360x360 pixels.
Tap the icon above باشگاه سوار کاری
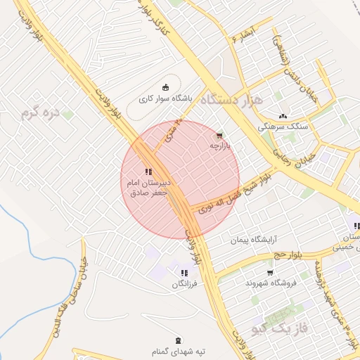(x=166, y=87)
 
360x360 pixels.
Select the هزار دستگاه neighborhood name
(x=231, y=100)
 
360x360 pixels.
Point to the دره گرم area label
(x=39, y=112)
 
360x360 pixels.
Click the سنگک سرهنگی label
(x=282, y=127)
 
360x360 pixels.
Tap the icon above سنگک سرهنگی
(x=283, y=116)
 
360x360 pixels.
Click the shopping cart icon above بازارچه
(x=220, y=135)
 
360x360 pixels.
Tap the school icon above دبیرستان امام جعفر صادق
(x=148, y=171)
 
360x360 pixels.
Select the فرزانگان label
(x=184, y=285)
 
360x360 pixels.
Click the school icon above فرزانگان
(x=184, y=274)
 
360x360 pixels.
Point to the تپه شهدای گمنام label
(x=177, y=350)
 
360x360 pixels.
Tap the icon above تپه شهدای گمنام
(x=177, y=340)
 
